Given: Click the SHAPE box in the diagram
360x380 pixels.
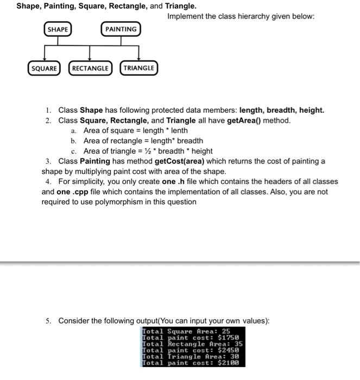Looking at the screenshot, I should (x=58, y=29).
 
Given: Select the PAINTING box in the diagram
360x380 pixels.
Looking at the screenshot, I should (x=121, y=29).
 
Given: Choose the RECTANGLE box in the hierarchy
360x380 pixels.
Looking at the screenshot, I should (x=90, y=68).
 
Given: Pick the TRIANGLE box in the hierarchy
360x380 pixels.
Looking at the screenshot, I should (x=138, y=68).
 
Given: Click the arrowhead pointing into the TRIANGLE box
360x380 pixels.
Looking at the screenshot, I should (x=139, y=59).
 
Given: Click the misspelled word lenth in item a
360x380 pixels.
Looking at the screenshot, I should (x=179, y=130).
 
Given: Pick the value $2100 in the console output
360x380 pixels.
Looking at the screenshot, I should (x=228, y=363).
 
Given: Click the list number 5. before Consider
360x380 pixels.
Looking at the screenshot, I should (x=49, y=321).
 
